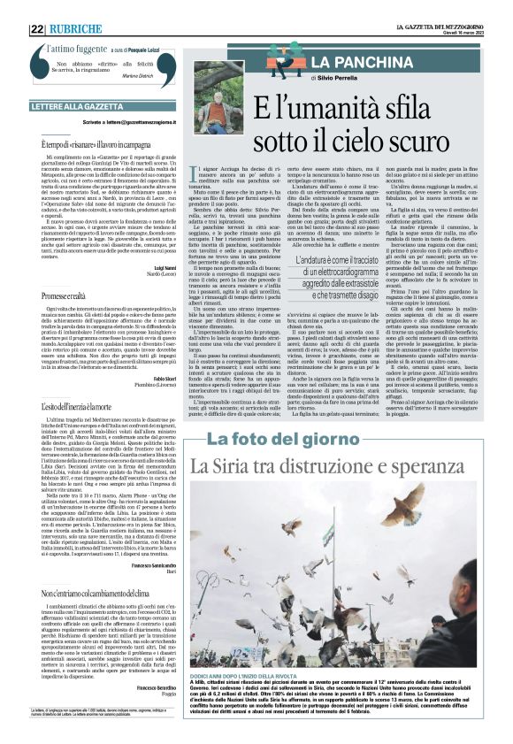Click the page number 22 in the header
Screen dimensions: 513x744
point(37,28)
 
